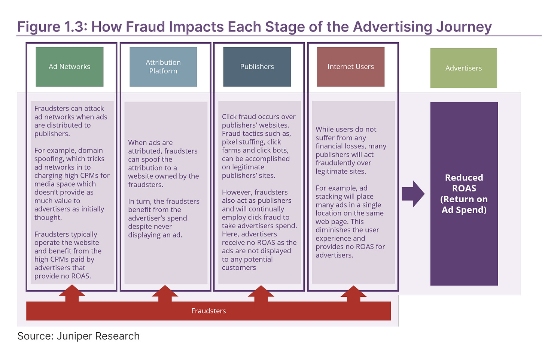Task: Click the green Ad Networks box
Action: [x=70, y=67]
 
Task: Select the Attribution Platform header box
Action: [x=163, y=67]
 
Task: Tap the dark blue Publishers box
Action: [x=257, y=67]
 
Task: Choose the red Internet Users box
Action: [x=351, y=67]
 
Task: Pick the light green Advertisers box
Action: [x=463, y=68]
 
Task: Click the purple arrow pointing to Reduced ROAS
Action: [x=413, y=194]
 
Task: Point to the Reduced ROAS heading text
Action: [x=464, y=194]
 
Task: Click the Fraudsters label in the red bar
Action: [x=208, y=311]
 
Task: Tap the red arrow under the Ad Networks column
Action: [x=72, y=293]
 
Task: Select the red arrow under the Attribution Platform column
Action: [x=165, y=293]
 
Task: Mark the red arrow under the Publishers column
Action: [x=261, y=293]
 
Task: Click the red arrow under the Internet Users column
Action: [x=353, y=293]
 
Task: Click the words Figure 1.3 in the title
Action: [x=52, y=27]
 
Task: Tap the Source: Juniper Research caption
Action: [x=79, y=336]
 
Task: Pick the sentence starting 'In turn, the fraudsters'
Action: [x=164, y=218]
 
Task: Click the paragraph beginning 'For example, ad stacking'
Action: [x=350, y=221]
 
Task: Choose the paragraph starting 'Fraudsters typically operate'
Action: [x=68, y=255]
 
